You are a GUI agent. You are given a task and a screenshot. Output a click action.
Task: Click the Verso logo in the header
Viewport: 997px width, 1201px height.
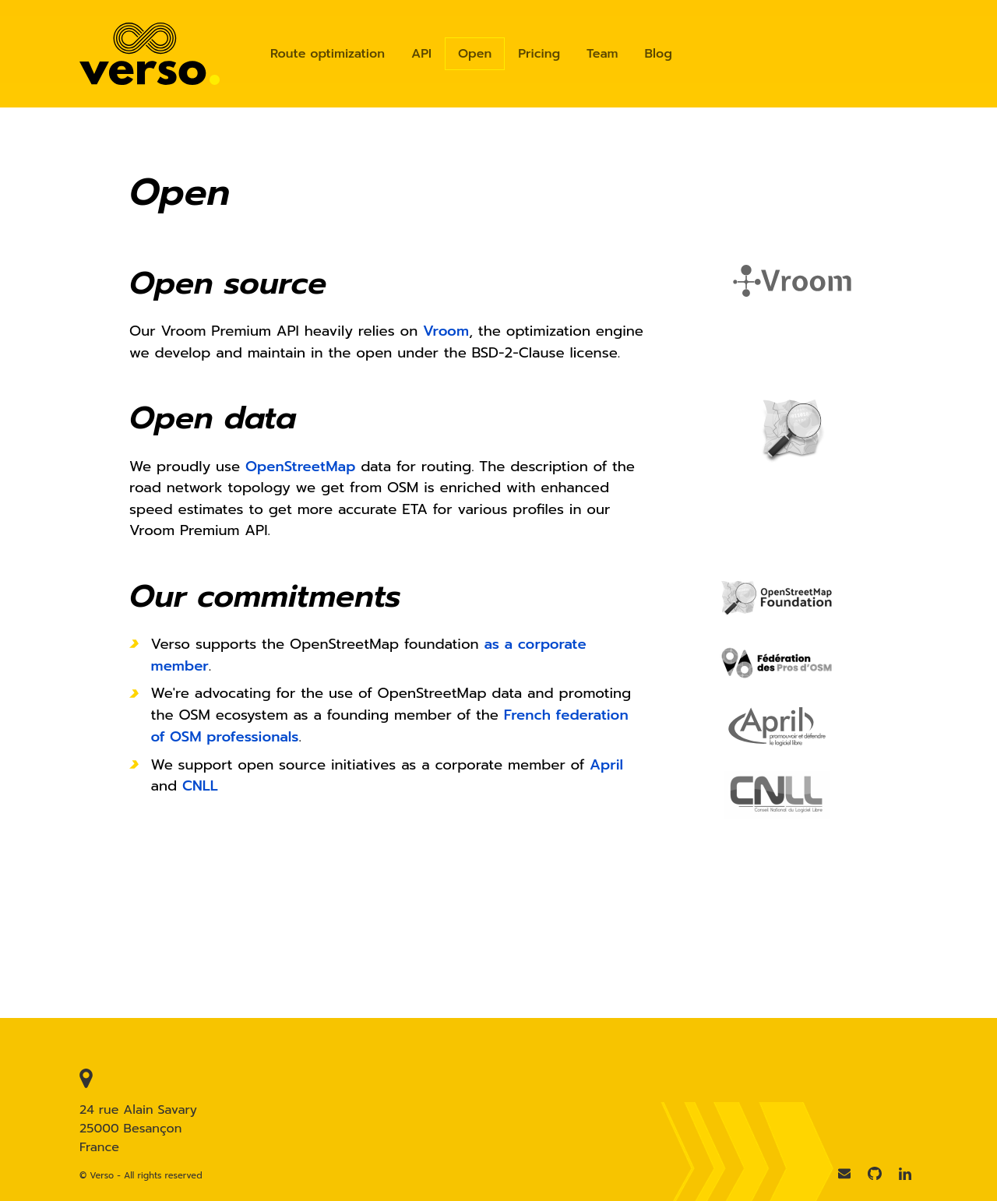coord(149,55)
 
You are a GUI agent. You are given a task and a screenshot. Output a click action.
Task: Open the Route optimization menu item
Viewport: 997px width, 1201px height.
coord(327,54)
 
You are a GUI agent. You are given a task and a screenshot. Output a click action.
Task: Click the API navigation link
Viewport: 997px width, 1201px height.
coord(421,54)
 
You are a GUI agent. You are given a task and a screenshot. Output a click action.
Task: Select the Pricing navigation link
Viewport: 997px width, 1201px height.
coord(539,54)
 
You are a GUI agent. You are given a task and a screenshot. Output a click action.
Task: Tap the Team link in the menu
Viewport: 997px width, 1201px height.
coord(602,54)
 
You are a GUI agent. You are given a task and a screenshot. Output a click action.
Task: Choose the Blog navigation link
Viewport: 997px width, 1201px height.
coord(658,54)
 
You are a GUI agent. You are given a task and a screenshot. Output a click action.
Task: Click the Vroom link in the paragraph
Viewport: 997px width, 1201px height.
coord(446,331)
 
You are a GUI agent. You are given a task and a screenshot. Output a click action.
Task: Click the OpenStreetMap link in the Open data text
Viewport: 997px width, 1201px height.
coord(300,467)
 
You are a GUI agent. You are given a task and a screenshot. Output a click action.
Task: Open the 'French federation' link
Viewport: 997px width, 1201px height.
coord(565,715)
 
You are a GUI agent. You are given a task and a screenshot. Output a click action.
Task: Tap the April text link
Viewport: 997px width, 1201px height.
coord(606,765)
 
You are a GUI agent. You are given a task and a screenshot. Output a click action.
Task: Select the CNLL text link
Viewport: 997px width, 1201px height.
coord(199,786)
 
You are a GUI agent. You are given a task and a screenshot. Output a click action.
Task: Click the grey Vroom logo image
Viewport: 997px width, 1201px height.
coord(792,281)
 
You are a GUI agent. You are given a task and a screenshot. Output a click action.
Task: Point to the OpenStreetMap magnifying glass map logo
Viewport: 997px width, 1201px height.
coord(792,428)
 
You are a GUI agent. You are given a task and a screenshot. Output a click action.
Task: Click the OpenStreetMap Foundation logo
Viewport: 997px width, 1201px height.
coord(777,597)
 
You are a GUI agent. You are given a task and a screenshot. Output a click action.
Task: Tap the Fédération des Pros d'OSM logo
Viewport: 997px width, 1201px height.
coord(777,663)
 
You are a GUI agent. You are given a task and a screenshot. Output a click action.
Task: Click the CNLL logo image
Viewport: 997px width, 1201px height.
coord(777,794)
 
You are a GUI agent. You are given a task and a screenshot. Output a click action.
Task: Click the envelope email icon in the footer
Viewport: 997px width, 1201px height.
coord(844,1174)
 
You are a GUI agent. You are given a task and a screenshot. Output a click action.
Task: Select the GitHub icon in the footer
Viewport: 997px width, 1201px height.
coord(875,1174)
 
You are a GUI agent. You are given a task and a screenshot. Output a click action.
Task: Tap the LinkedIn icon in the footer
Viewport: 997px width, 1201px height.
coord(904,1174)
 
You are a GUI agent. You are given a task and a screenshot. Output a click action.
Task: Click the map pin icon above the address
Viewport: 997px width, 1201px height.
coord(86,1078)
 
